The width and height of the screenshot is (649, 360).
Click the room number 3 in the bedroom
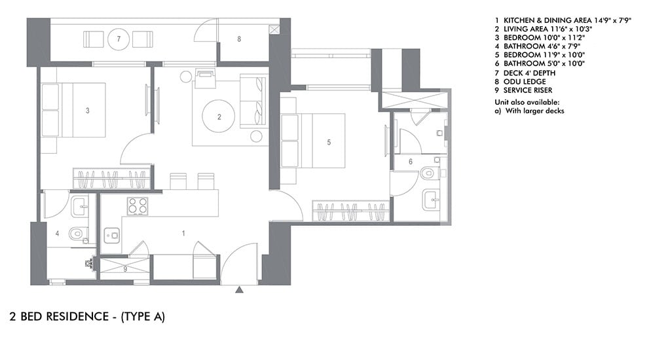[88, 111]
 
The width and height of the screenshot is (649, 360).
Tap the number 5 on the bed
[329, 141]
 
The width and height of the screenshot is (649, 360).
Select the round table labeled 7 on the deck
[119, 39]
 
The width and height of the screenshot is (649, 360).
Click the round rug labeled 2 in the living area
[219, 118]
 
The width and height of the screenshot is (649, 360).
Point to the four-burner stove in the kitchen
[136, 206]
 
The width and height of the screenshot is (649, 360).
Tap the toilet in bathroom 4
[77, 232]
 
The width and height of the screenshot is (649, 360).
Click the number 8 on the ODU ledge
[239, 39]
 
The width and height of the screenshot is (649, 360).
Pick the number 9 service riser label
[125, 268]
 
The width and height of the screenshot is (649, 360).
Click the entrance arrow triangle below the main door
[240, 289]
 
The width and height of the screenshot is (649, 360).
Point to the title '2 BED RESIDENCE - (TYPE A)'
[87, 317]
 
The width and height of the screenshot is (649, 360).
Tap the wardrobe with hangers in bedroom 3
[111, 179]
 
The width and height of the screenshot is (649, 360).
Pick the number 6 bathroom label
[411, 161]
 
